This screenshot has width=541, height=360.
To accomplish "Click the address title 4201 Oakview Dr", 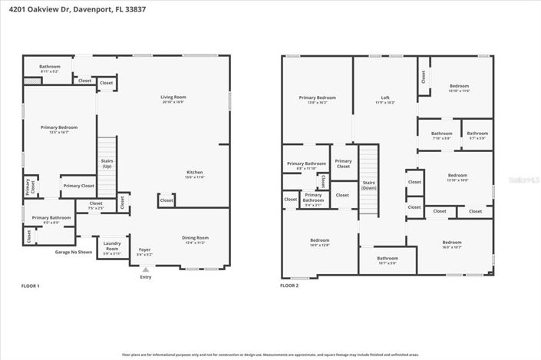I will (x=64, y=8).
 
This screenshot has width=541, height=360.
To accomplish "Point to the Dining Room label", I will (x=195, y=239).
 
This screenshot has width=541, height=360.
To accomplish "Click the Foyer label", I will (x=144, y=251).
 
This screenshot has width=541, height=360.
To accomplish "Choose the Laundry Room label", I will (x=112, y=246).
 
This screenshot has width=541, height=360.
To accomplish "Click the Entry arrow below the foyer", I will (x=145, y=269).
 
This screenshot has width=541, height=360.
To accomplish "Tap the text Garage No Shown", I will (x=74, y=252).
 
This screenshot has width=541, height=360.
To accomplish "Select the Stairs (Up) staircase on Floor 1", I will (x=106, y=165).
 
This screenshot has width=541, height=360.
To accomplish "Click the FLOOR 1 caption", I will (x=30, y=286).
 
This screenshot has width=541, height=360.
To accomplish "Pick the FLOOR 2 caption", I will (x=289, y=286).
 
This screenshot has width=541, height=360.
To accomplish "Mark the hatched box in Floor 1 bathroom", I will (x=31, y=79).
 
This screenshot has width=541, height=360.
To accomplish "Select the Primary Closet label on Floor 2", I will (x=342, y=164).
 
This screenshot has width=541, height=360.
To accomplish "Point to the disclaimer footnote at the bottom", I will (x=270, y=355).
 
